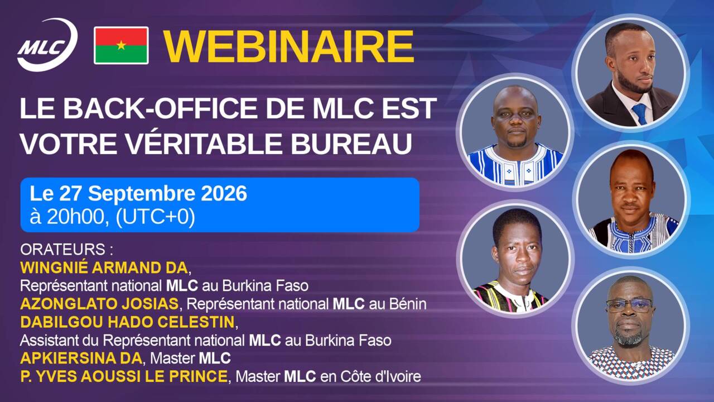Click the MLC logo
point(47,45)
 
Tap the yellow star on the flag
point(121,45)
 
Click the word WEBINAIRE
point(288,46)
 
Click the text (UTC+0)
point(155,217)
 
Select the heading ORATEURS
point(63,250)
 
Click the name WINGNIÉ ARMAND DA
point(104,267)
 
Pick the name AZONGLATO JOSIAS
point(99,304)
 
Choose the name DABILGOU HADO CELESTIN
point(128,322)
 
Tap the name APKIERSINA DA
point(81,358)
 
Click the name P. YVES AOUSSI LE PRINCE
point(124,376)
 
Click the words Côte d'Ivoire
point(381,376)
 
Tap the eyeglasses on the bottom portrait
point(629,305)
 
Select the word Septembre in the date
point(142,194)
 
